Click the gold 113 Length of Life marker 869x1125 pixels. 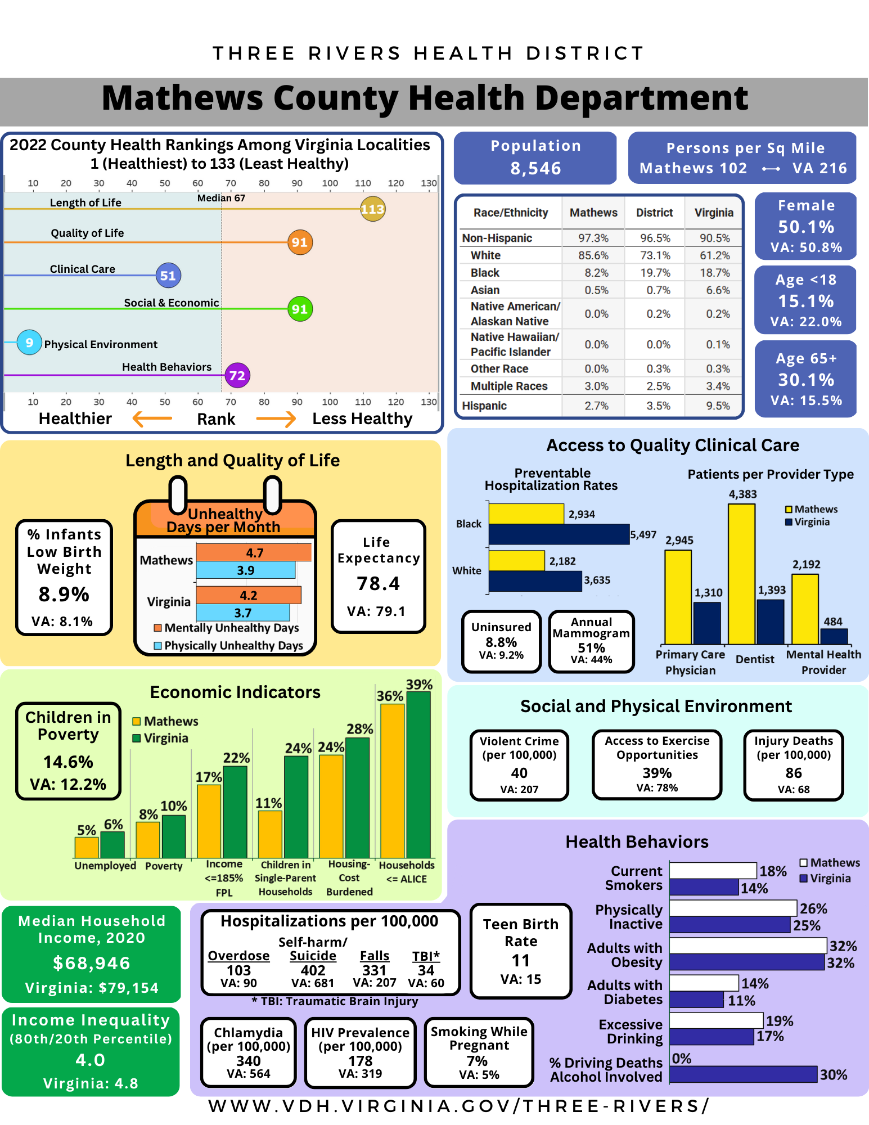pyautogui.click(x=372, y=209)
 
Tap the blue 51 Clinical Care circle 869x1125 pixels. pyautogui.click(x=168, y=276)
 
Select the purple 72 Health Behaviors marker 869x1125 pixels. pyautogui.click(x=237, y=376)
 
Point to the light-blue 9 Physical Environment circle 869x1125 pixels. pyautogui.click(x=29, y=343)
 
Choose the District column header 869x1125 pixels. pyautogui.click(x=654, y=213)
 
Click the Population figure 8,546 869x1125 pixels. pyautogui.click(x=535, y=168)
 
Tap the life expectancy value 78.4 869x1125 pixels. pyautogui.click(x=378, y=584)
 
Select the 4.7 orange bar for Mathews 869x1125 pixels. pyautogui.click(x=254, y=552)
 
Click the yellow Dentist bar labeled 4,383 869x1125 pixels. pyautogui.click(x=741, y=574)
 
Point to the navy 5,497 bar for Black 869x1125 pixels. pyautogui.click(x=559, y=534)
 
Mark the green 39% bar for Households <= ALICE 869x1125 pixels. pyautogui.click(x=418, y=775)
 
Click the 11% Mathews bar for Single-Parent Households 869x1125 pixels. pyautogui.click(x=270, y=834)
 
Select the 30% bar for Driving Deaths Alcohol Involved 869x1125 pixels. pyautogui.click(x=743, y=1074)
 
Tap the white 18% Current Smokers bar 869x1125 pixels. pyautogui.click(x=713, y=870)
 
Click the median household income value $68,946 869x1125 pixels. pyautogui.click(x=92, y=964)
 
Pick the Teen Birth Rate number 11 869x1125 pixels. pyautogui.click(x=521, y=961)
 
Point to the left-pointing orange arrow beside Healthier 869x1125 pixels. pyautogui.click(x=152, y=418)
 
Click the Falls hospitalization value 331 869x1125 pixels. pyautogui.click(x=374, y=970)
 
